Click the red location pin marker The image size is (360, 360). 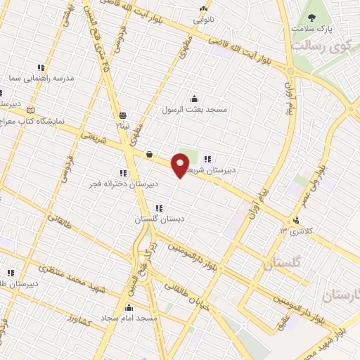click(180, 166)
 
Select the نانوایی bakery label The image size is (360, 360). click(203, 20)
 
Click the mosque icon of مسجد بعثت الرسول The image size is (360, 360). click(194, 99)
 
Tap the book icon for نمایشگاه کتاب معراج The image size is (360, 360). click(29, 110)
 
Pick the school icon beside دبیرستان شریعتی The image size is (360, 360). click(208, 157)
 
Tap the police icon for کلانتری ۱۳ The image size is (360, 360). click(305, 220)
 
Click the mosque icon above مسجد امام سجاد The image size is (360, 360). click(129, 307)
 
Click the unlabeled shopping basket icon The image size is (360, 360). click(150, 155)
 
